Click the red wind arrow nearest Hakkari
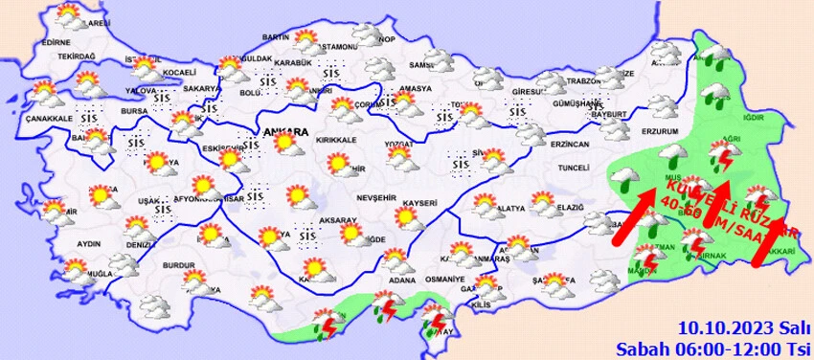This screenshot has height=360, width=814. [772, 239]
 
